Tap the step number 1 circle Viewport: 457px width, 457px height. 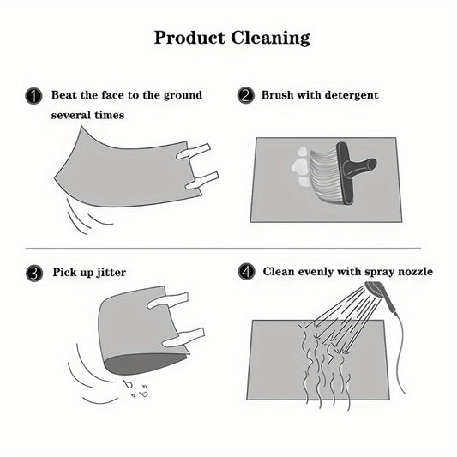[x=34, y=96]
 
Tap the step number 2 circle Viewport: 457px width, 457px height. [x=246, y=95]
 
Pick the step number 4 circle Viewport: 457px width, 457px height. [x=246, y=273]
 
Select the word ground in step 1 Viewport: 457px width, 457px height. [x=181, y=94]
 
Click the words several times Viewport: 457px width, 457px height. [x=87, y=114]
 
